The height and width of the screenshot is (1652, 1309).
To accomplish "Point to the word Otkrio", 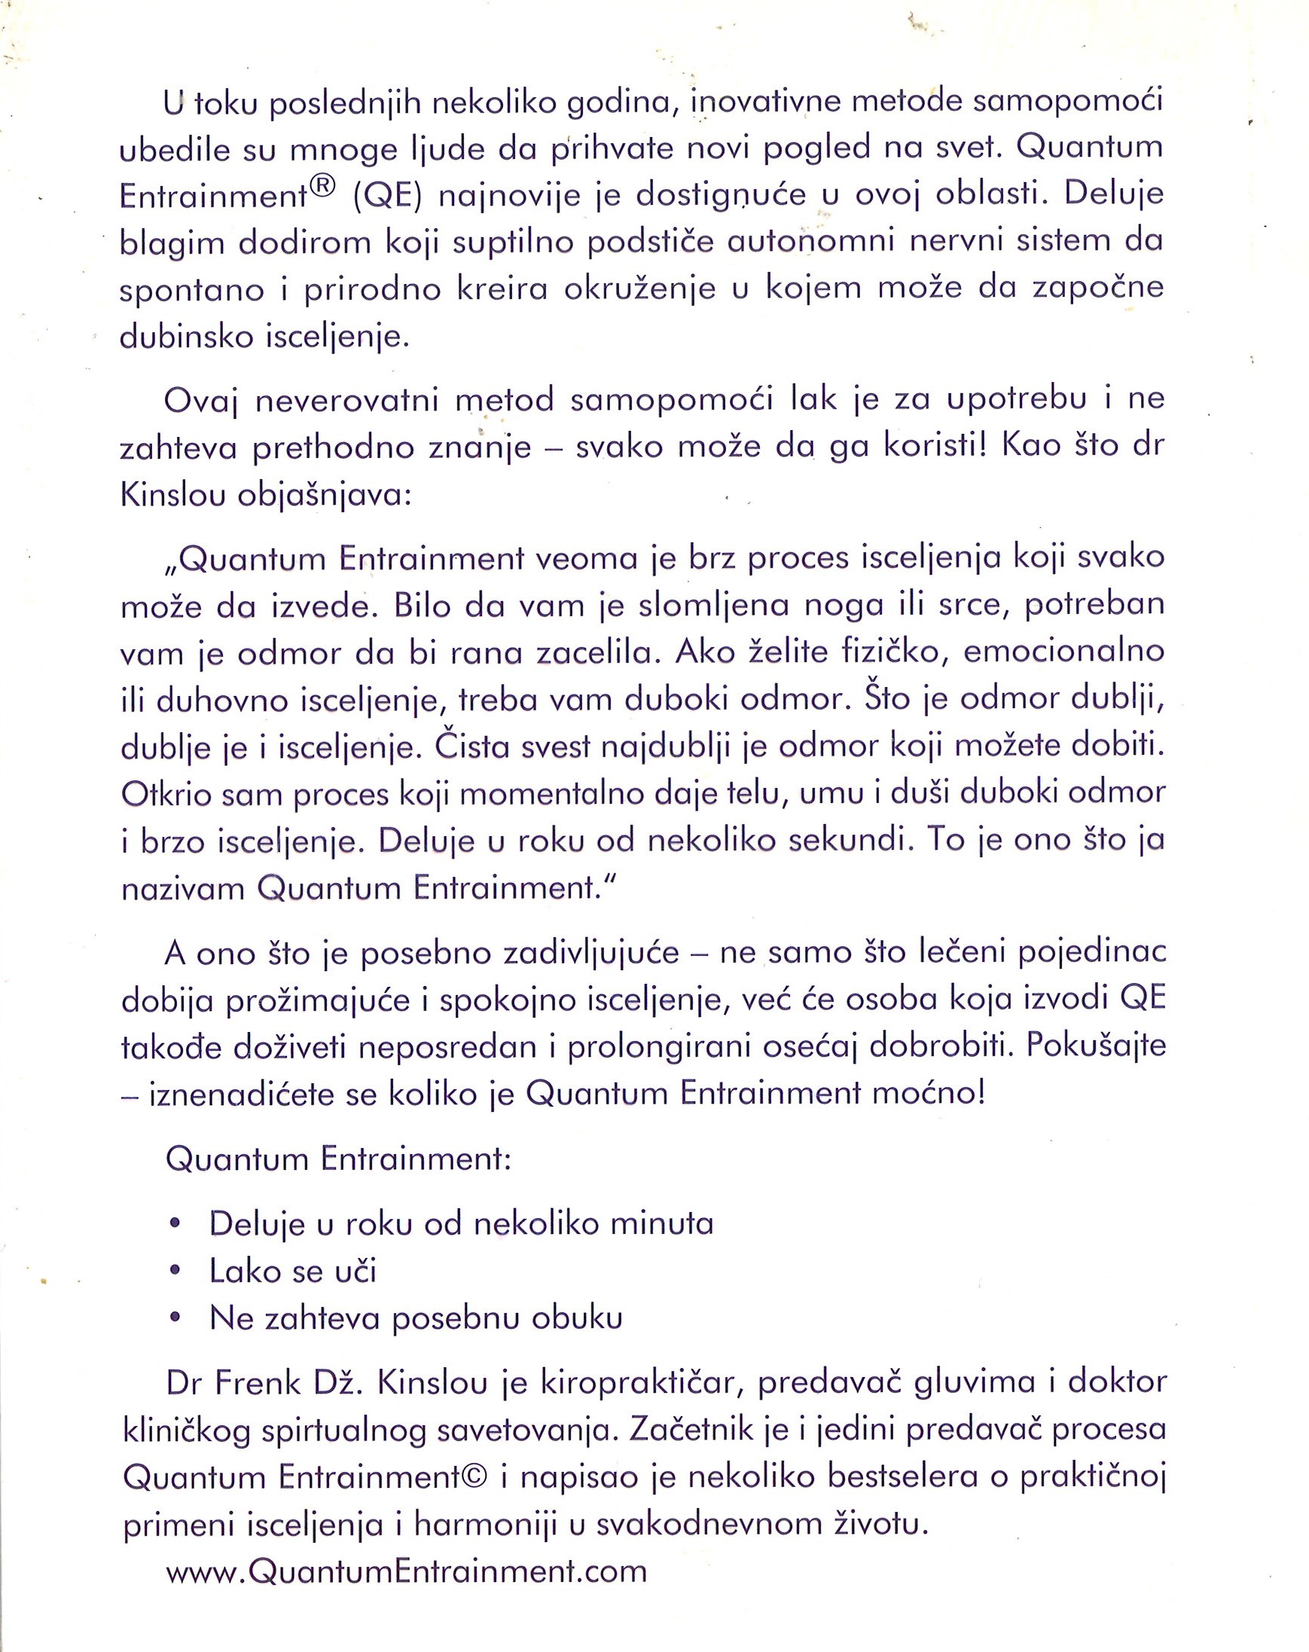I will [x=165, y=794].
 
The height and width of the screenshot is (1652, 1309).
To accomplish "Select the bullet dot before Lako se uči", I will [x=175, y=1271].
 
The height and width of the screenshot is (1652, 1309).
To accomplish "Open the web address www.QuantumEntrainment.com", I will [x=407, y=1571].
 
